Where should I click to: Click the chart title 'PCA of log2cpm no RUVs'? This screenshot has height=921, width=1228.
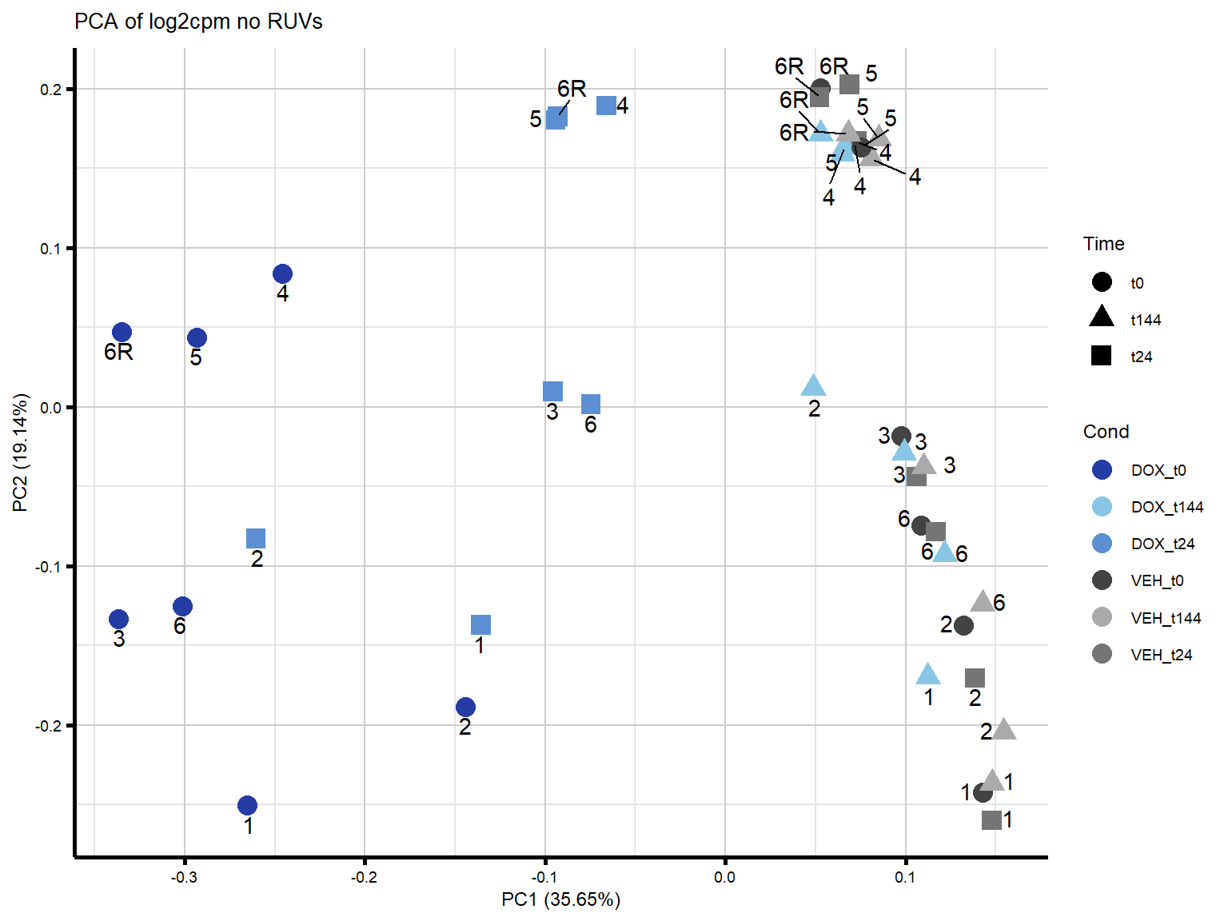(198, 22)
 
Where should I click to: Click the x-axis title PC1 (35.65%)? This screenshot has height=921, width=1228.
(560, 899)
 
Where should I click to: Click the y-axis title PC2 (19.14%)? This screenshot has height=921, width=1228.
(21, 452)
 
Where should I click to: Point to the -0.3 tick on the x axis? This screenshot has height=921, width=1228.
(184, 877)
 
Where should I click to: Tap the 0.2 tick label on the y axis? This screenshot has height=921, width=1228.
(50, 90)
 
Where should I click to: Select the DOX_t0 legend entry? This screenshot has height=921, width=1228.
(1158, 470)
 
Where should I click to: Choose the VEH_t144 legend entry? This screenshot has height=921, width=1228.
(1165, 618)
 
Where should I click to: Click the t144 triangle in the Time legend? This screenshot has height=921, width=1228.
(1102, 317)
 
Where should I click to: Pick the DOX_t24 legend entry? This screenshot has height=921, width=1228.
(1162, 544)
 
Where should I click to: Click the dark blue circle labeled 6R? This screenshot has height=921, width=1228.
(122, 333)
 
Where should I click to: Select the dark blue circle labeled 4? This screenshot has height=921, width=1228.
(282, 274)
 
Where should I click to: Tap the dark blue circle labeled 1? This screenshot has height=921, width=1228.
(248, 805)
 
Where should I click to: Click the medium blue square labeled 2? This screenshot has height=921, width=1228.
(256, 538)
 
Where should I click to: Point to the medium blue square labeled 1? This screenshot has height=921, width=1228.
(480, 624)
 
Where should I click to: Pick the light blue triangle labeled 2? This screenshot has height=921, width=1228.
(813, 386)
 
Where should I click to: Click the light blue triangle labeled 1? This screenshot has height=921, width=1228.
(927, 675)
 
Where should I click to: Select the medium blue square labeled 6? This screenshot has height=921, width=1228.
(591, 404)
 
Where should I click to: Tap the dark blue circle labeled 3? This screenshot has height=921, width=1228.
(118, 619)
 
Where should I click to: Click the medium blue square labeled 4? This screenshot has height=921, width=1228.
(607, 106)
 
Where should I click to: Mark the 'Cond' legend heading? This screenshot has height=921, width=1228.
(1106, 432)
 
